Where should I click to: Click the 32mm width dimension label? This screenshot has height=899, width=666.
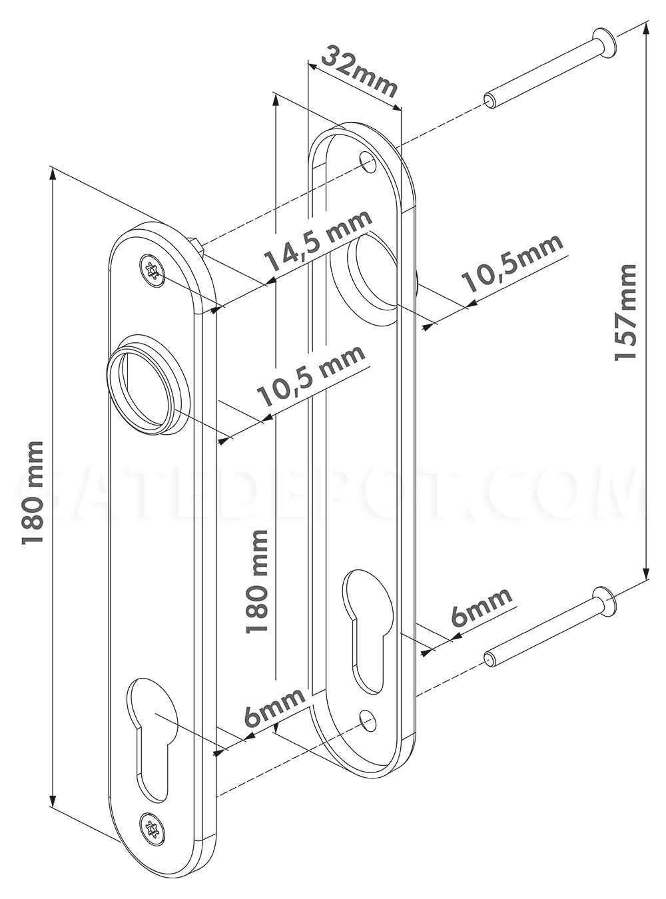[358, 71]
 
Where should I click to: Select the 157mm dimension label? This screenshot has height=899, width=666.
[625, 312]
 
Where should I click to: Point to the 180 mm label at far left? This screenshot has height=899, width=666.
[33, 493]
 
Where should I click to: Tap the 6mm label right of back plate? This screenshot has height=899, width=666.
[481, 607]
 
